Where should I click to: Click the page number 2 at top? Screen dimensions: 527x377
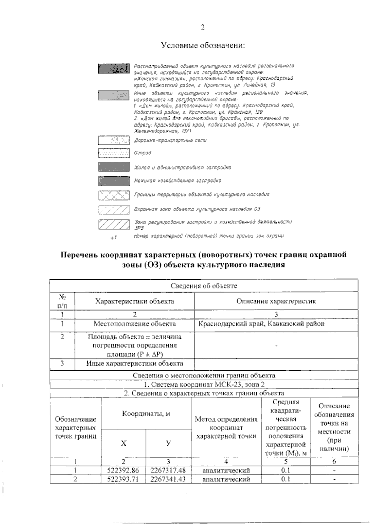coord(203,27)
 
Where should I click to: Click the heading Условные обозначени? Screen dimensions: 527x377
coord(203,46)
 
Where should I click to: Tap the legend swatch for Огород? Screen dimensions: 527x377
coord(114,153)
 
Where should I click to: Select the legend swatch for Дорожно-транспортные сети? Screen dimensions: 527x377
coord(114,141)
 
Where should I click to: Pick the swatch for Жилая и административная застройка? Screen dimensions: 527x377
coord(114,167)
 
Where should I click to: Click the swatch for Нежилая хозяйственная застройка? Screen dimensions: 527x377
coord(114,181)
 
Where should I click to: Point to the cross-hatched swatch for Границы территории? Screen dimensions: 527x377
coord(114,195)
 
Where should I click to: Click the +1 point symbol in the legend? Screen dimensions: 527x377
coord(113,238)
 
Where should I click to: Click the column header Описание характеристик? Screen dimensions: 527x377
coord(276,301)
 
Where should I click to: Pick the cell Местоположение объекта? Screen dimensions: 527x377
coord(134,324)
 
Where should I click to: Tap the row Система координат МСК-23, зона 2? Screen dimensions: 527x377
coord(204,384)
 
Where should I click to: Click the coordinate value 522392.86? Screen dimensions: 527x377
coord(123,471)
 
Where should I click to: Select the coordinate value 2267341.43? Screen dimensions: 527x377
coord(168,479)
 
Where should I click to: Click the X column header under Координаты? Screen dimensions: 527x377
coord(124,443)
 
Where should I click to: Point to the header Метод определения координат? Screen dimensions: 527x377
coord(226,428)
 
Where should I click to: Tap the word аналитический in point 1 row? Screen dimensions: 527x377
coord(226,471)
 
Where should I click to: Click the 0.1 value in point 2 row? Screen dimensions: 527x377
coord(286,479)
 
